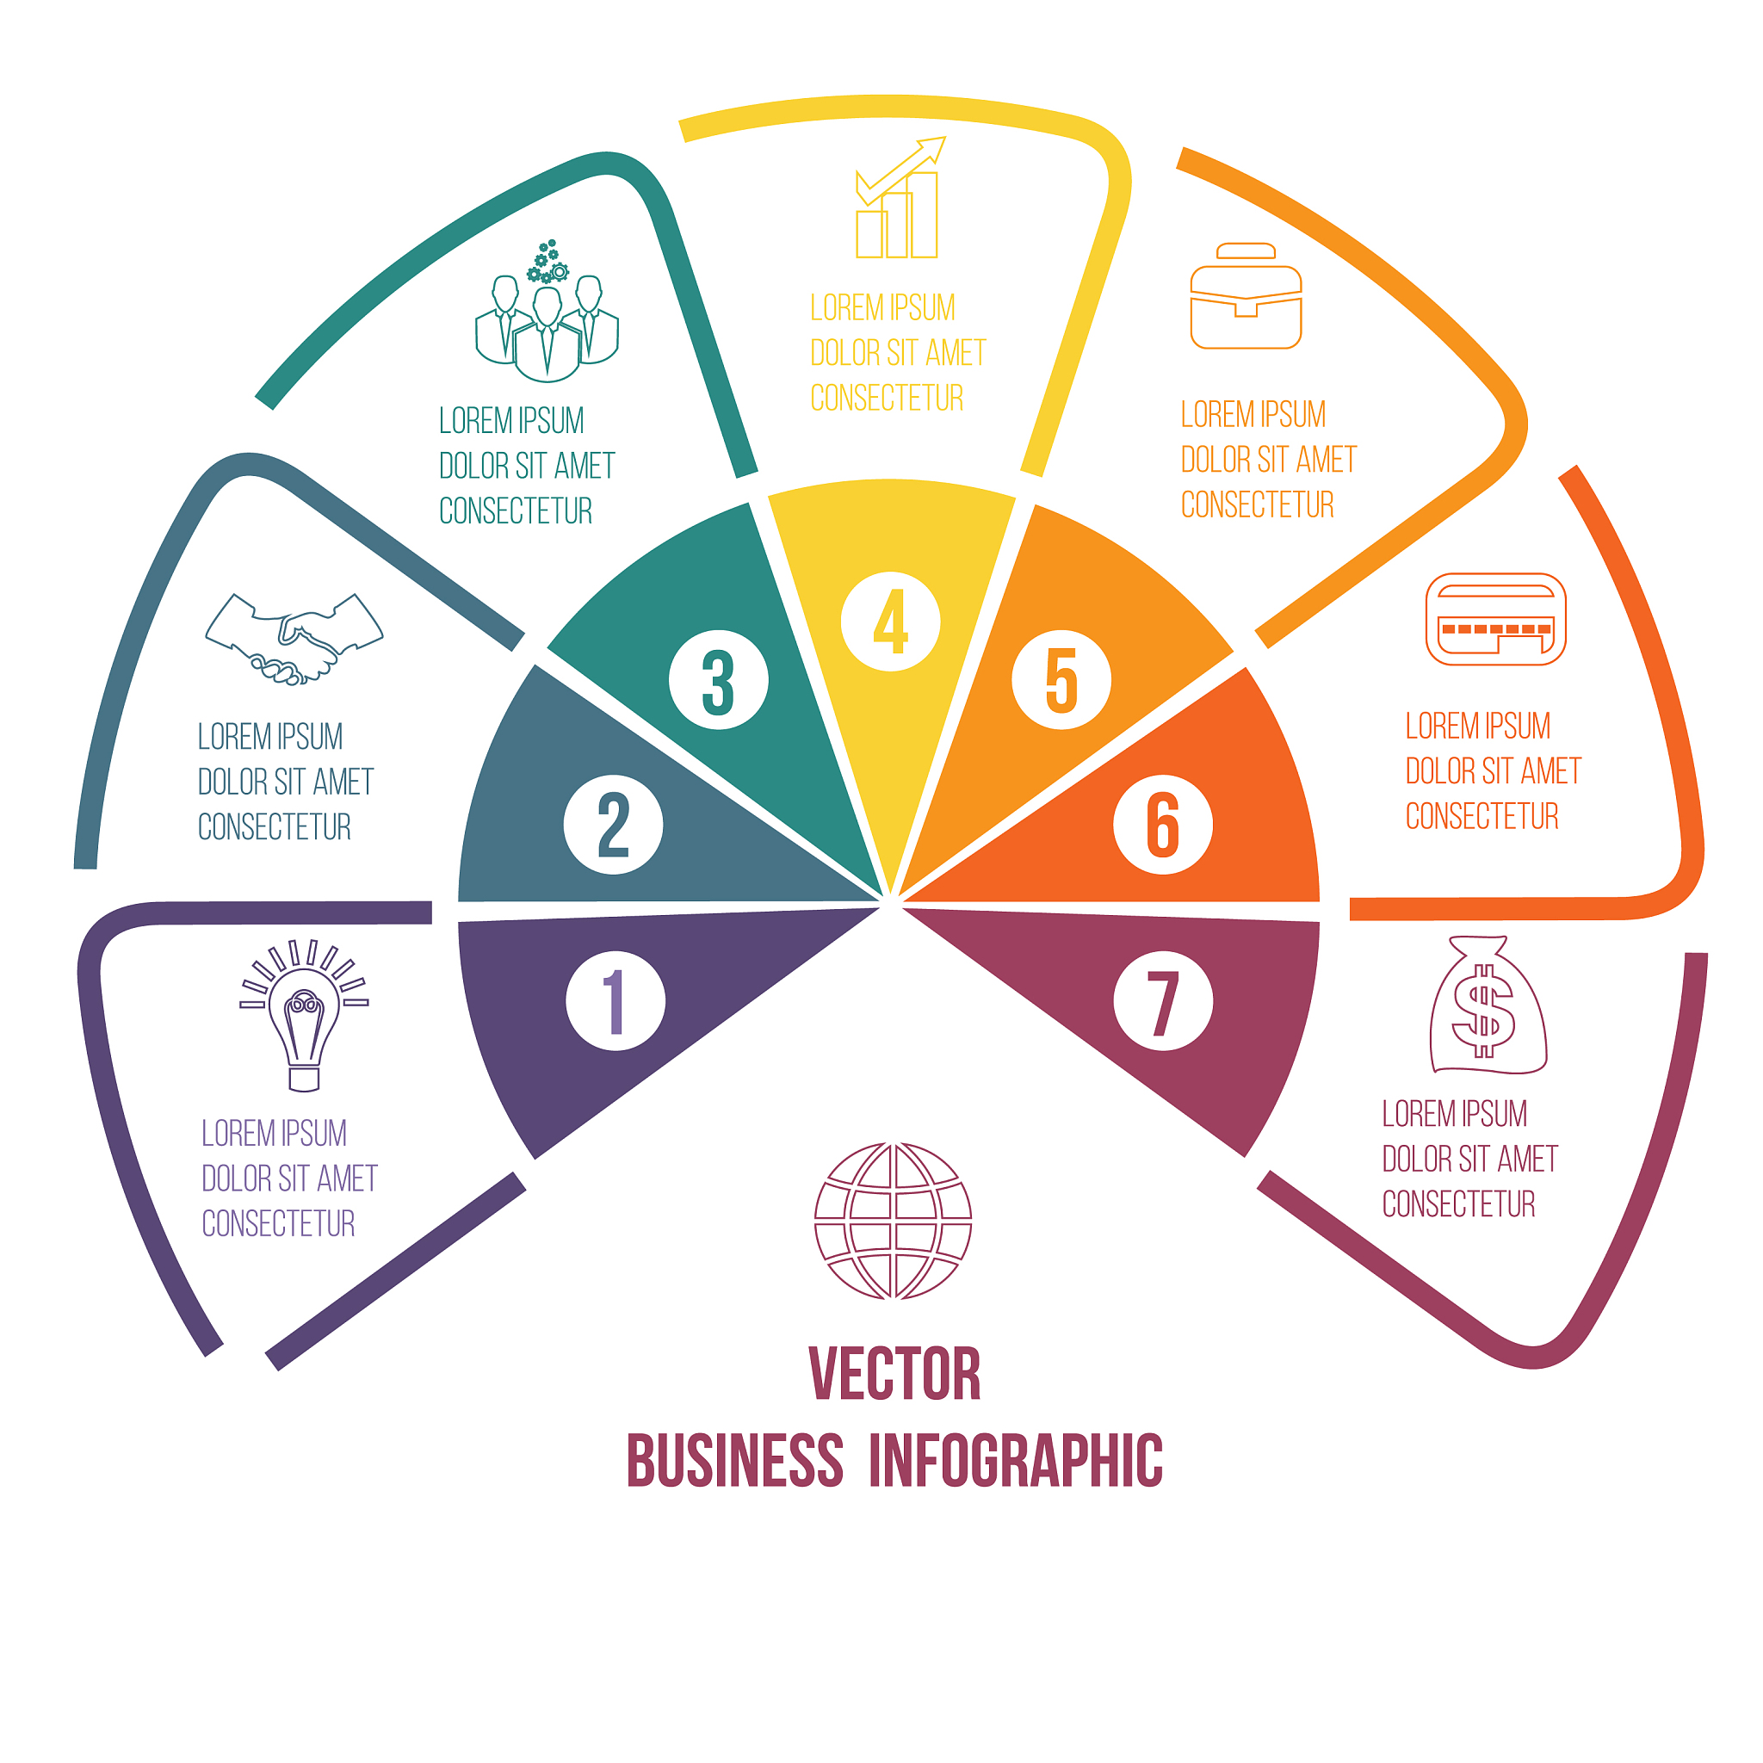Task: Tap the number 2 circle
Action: coord(613,825)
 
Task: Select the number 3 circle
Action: coord(718,680)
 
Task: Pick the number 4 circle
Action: coord(890,622)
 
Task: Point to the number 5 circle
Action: coord(1061,680)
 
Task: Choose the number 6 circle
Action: coord(1162,825)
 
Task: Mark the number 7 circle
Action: coord(1162,1001)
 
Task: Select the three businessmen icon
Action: coord(547,315)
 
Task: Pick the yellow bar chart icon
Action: coord(898,201)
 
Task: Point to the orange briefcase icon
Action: coord(1246,297)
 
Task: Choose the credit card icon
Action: coord(1495,620)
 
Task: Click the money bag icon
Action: coord(1488,1006)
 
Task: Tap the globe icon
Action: coord(893,1220)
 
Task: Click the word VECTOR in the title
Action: coord(894,1373)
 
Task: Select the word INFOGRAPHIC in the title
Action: coord(1016,1461)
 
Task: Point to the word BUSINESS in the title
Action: coord(734,1461)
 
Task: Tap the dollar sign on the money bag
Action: coord(1484,1011)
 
